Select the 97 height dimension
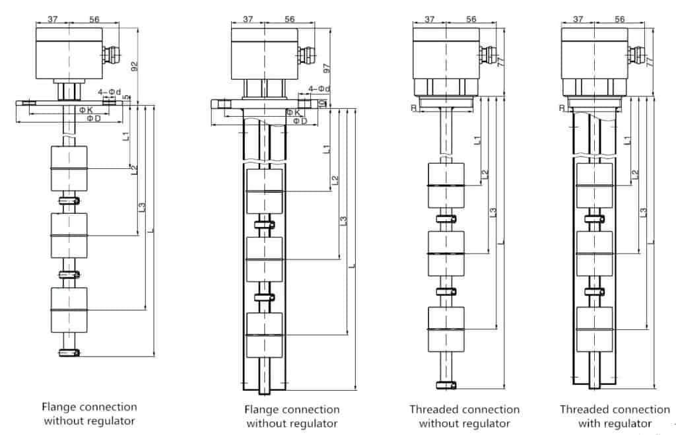pos(325,69)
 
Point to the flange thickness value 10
pos(321,104)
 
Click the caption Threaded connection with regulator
pos(614,417)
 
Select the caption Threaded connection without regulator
pos(464,417)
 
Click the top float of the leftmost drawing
pos(69,168)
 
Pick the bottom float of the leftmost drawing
pos(69,310)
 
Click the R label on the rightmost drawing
pos(562,108)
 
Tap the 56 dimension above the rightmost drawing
pos(619,20)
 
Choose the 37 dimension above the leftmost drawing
pos(52,20)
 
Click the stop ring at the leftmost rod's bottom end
pos(69,352)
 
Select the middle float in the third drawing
pos(447,253)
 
